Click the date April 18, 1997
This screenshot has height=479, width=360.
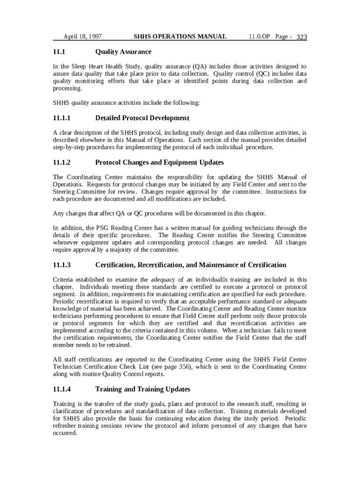tap(83, 36)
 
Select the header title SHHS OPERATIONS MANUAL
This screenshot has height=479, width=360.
tap(180, 36)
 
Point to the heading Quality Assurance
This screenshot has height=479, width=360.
tap(123, 52)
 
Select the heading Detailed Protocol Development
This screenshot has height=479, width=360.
tap(142, 118)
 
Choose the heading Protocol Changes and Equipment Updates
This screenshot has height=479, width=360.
tap(159, 163)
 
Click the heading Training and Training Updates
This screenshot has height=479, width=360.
tap(143, 389)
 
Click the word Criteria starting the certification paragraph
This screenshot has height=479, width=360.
tap(64, 280)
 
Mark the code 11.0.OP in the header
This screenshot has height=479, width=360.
tap(259, 36)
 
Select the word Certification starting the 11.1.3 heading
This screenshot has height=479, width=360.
tap(115, 265)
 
